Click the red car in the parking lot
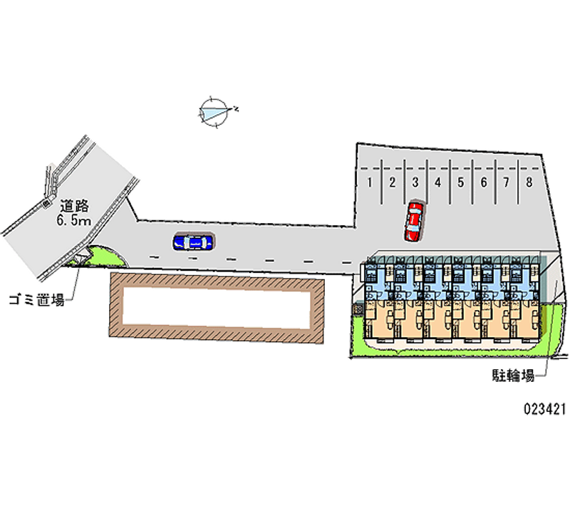(413, 221)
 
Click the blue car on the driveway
(193, 242)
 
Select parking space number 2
(393, 182)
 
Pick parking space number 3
(415, 182)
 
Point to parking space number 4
(438, 182)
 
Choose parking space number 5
(461, 182)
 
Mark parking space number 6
(484, 182)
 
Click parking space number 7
(506, 182)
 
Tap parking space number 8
(529, 182)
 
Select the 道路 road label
(73, 207)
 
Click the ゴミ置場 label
(36, 299)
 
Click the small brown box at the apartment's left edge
(358, 309)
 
